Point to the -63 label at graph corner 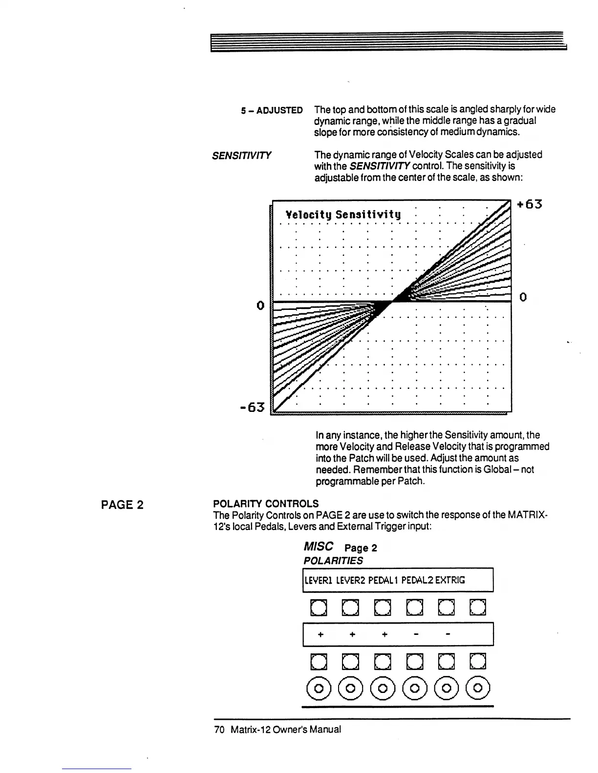click(x=252, y=407)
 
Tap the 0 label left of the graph click(x=260, y=305)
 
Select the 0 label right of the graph click(x=522, y=297)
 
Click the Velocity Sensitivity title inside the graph click(x=343, y=214)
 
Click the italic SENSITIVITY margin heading click(x=241, y=156)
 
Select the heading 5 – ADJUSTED click(x=272, y=110)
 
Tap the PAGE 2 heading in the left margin click(x=122, y=505)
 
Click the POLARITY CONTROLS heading click(x=266, y=504)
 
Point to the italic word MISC click(x=318, y=546)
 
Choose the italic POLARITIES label click(x=333, y=561)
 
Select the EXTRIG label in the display click(x=450, y=580)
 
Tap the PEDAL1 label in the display click(x=384, y=580)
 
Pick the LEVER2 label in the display click(x=349, y=580)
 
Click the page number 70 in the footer click(x=218, y=730)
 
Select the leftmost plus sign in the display click(x=320, y=635)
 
